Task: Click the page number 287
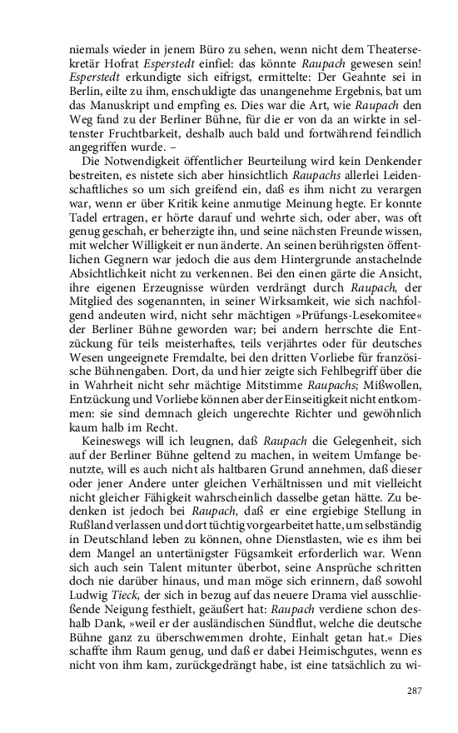(x=415, y=689)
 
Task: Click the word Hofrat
(x=114, y=62)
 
